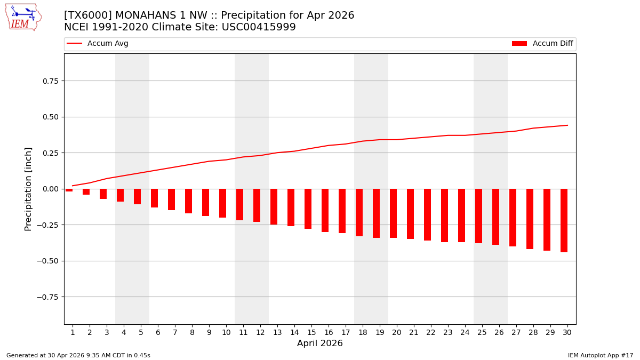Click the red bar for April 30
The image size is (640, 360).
pos(564,220)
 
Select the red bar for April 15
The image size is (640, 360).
pos(308,209)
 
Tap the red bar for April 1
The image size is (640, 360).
pos(69,190)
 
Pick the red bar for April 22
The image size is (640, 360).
pos(427,214)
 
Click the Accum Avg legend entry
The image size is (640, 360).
pos(98,44)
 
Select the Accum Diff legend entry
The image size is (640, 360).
pos(543,44)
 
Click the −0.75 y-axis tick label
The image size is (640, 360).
pos(47,297)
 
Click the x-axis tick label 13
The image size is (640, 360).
pos(277,332)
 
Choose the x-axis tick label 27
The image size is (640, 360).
pos(516,332)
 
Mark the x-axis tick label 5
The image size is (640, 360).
pos(141,332)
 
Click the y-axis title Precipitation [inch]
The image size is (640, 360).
pos(28,189)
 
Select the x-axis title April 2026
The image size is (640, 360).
pos(320,343)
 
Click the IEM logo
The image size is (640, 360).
pos(23,17)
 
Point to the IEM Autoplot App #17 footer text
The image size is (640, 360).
pos(600,355)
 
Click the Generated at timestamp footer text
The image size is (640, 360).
pos(78,355)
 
